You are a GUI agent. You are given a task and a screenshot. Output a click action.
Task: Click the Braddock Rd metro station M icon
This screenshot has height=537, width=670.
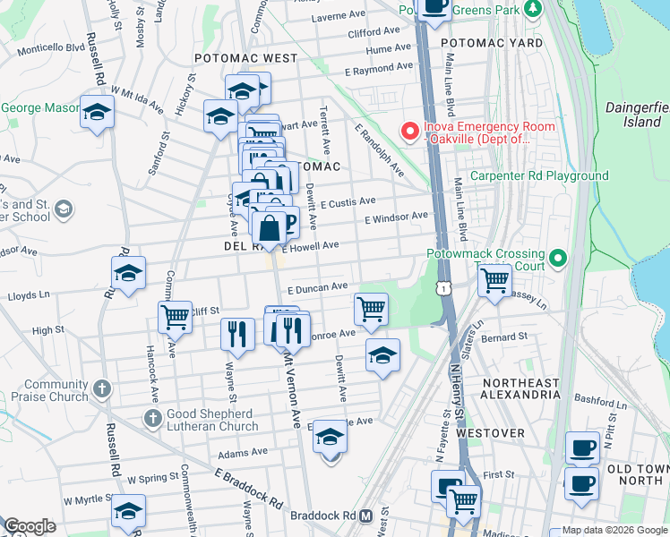(x=365, y=516)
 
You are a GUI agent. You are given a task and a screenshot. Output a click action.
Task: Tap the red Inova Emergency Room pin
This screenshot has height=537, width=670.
(x=411, y=132)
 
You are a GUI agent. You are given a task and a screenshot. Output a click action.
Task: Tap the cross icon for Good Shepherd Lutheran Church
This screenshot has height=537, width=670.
(x=152, y=418)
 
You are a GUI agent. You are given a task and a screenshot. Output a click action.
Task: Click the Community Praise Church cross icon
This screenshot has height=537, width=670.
(x=102, y=389)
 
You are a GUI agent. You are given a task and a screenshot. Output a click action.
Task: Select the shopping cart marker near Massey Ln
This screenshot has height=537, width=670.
(x=494, y=280)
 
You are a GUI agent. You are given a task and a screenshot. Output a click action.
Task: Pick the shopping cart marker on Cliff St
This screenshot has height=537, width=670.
(x=176, y=315)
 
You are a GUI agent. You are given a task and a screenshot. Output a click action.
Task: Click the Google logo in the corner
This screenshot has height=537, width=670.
(x=30, y=526)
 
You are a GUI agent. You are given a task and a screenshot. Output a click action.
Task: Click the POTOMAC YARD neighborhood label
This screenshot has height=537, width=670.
(x=492, y=43)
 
